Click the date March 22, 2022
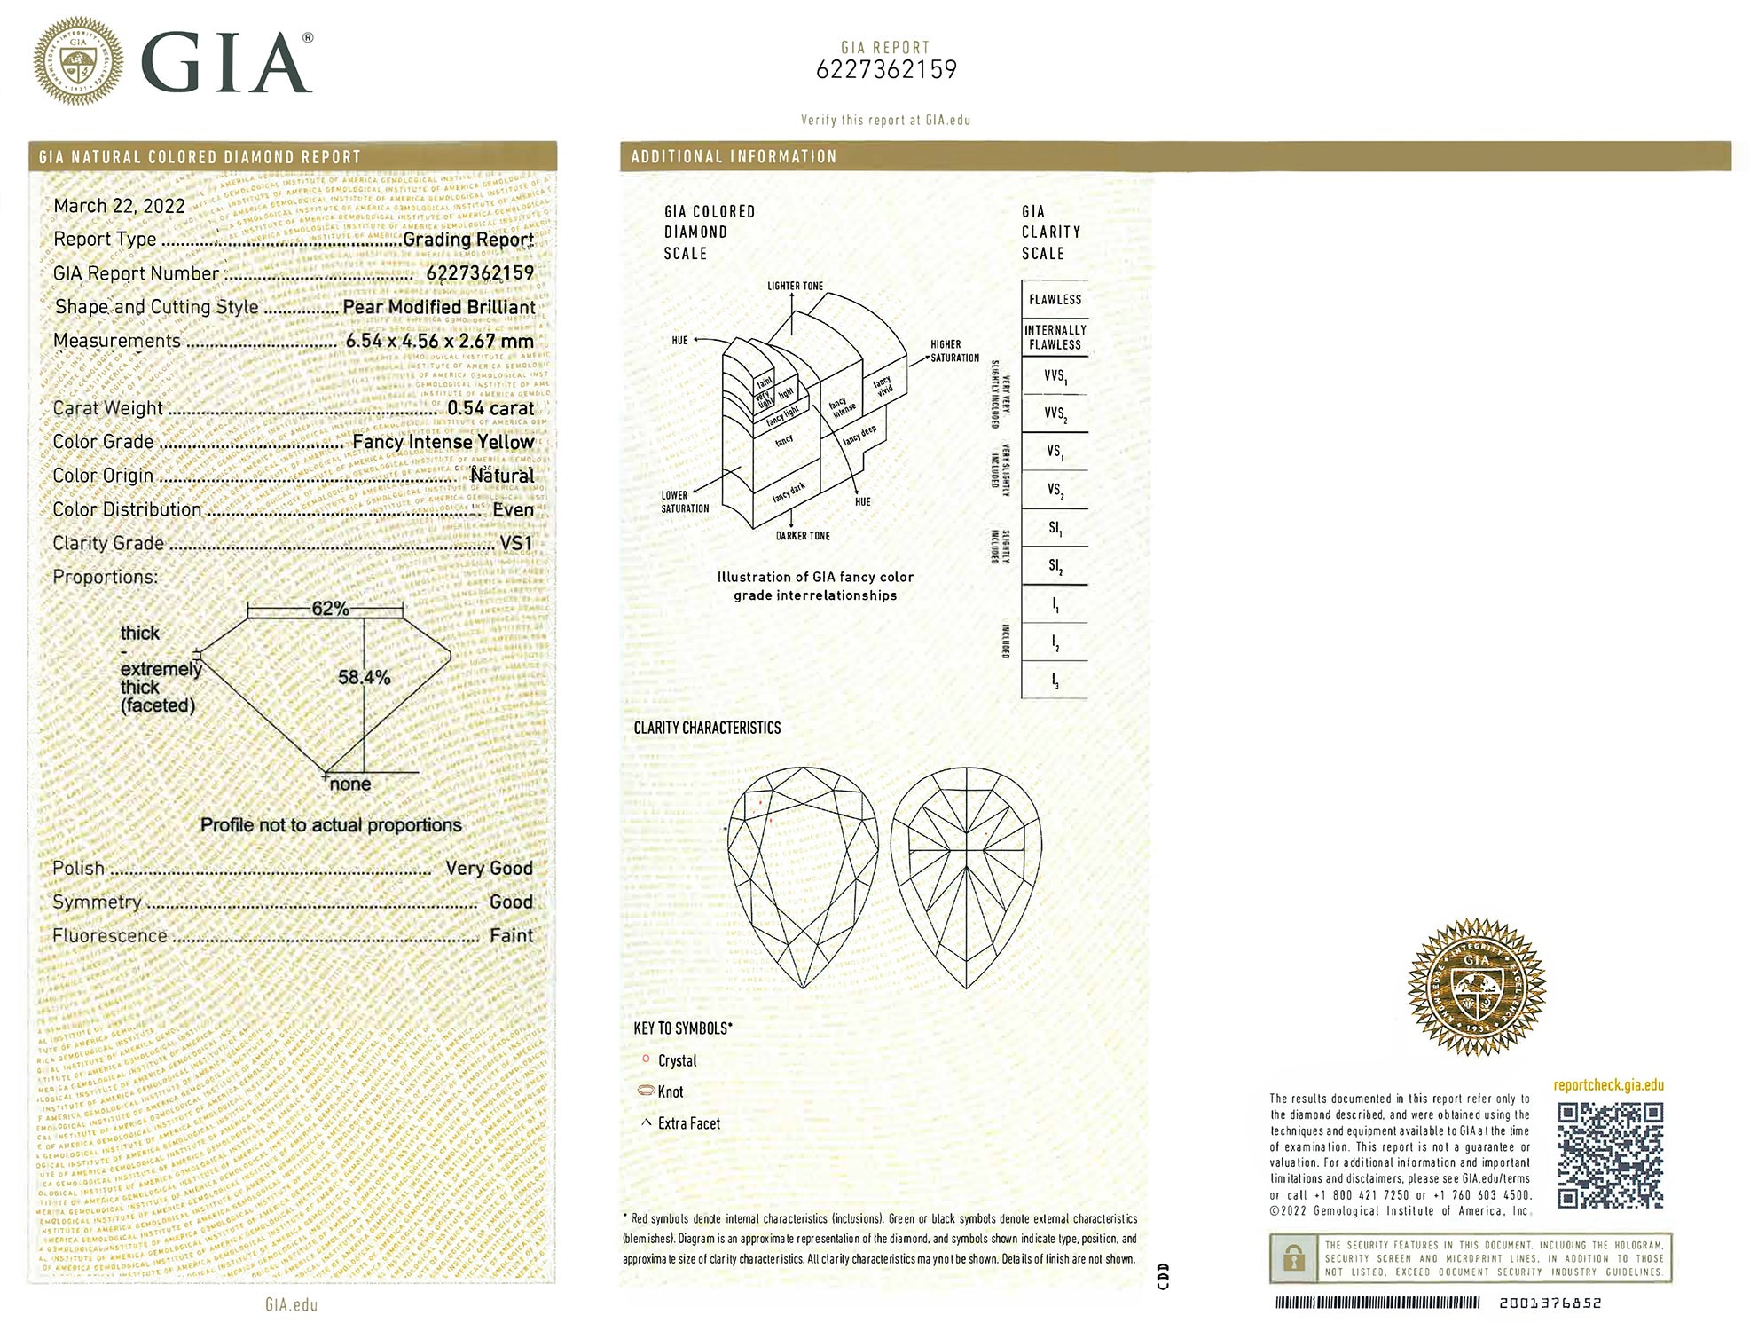pos(119,206)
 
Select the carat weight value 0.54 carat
pos(490,408)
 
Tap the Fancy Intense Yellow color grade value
pos(443,442)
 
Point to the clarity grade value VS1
pos(516,543)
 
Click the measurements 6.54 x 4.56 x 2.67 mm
pos(440,341)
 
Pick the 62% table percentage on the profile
pos(330,609)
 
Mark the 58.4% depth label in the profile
pos(364,677)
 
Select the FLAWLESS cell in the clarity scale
pos(1055,300)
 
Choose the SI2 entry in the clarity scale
pos(1055,566)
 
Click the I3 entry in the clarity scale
pos(1055,681)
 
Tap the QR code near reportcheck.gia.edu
pos(1610,1155)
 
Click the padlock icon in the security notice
pos(1294,1258)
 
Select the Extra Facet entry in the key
pos(688,1123)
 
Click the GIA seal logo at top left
pos(78,61)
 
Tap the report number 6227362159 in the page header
pos(886,70)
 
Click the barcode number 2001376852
pos(1550,1303)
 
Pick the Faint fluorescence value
pos(511,935)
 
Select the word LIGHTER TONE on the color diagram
pos(795,286)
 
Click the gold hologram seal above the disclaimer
pos(1476,987)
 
